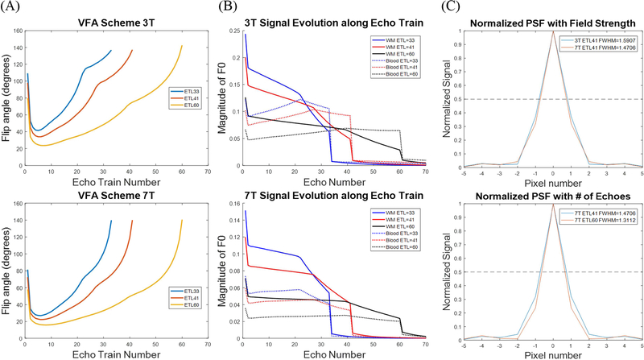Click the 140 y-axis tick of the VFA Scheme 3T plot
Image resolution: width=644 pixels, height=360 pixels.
click(x=18, y=49)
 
